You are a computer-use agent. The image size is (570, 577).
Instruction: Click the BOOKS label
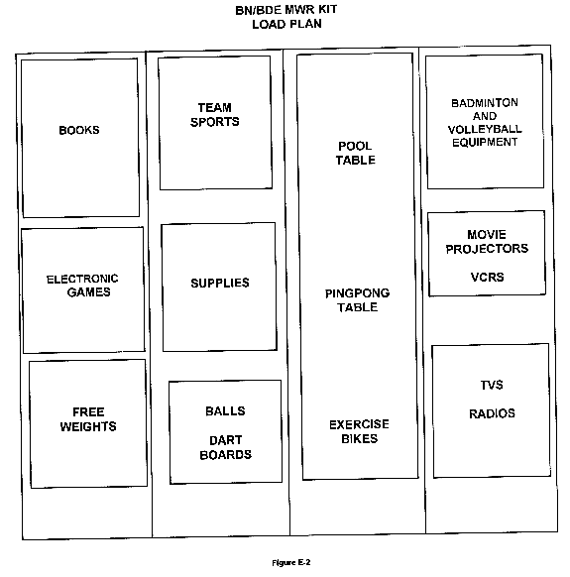79,130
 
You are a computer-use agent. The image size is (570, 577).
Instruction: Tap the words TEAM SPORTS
214,115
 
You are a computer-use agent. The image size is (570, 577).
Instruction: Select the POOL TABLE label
356,153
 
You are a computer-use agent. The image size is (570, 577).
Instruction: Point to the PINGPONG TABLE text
357,300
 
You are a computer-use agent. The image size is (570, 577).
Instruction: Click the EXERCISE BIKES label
359,431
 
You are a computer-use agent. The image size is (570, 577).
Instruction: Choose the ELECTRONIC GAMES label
82,286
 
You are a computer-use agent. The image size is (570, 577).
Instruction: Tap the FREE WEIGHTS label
88,419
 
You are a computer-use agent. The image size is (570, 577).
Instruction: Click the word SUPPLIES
220,283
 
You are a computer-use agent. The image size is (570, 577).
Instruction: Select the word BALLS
225,411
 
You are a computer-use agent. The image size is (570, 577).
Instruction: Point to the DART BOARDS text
226,447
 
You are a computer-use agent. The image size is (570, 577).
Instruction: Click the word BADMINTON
485,103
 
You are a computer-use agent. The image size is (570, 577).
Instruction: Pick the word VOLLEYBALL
485,129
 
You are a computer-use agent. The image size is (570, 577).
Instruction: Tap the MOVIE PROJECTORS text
487,242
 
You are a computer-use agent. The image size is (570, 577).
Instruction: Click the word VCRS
487,277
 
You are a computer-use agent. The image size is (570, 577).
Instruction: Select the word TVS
492,385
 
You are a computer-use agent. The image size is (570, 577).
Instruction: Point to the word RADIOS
492,413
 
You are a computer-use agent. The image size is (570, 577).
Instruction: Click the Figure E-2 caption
291,563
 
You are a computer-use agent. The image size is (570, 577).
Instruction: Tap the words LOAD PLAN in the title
287,24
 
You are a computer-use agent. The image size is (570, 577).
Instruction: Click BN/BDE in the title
259,10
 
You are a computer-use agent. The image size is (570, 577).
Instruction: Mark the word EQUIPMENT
485,142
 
